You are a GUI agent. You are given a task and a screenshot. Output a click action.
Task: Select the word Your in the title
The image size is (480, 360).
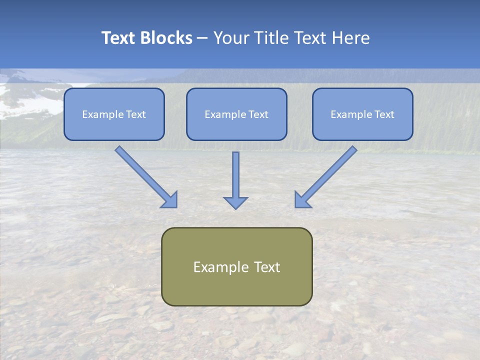click(x=230, y=38)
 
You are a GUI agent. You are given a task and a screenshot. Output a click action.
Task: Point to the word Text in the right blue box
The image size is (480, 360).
click(x=384, y=114)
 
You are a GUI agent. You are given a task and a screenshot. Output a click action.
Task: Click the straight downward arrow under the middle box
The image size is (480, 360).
click(x=235, y=175)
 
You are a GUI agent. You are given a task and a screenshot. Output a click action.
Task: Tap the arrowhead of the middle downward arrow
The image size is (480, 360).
click(x=235, y=202)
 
